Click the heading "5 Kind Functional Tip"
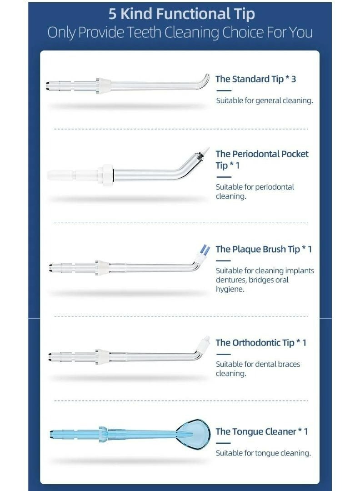pos(181,14)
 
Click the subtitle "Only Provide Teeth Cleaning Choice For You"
pos(180,33)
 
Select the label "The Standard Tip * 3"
pos(255,79)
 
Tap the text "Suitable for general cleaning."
pos(264,100)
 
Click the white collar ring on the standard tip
pos(104,85)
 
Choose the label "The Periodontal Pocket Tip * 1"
pos(262,160)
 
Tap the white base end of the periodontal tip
pos(61,175)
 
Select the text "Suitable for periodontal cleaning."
pos(255,191)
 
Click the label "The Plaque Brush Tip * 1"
pos(264,249)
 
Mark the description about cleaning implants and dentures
pos(265,280)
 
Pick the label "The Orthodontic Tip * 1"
pos(261,342)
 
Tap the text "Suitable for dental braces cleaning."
pos(258,369)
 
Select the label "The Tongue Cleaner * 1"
pos(261,431)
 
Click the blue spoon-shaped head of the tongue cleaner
pos(193,432)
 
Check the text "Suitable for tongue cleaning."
pos(263,453)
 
